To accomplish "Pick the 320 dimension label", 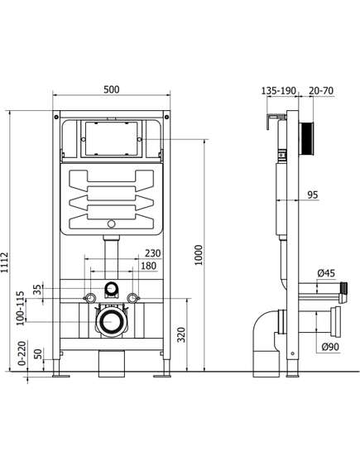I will [x=181, y=334].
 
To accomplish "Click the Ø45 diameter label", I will [x=326, y=274].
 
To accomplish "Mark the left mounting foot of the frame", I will [x=61, y=376].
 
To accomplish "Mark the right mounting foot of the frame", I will [x=160, y=376].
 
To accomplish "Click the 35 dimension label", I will [x=36, y=290].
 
